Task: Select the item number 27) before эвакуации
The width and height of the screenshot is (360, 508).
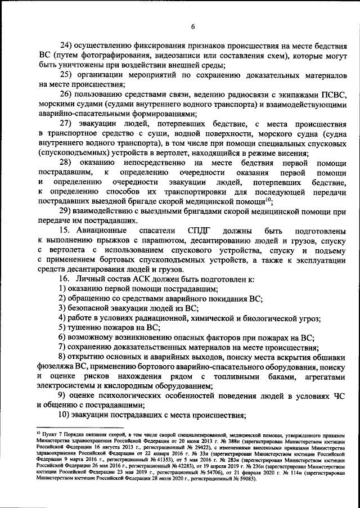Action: click(68, 124)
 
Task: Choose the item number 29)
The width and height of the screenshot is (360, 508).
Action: click(68, 211)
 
